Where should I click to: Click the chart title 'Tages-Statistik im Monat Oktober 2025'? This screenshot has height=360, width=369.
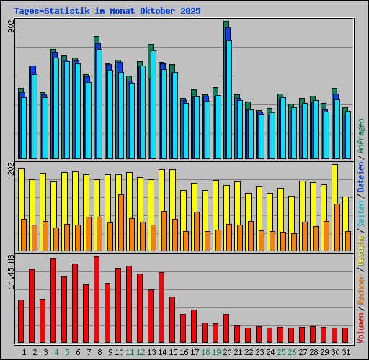click(x=107, y=12)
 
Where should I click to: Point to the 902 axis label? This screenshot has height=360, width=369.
click(x=10, y=26)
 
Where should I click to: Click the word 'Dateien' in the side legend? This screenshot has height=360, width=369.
click(x=360, y=180)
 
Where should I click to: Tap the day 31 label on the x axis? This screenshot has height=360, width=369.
click(x=346, y=352)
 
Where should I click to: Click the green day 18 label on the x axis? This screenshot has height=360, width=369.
click(x=205, y=352)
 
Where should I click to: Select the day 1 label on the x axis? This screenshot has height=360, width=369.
click(x=24, y=352)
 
